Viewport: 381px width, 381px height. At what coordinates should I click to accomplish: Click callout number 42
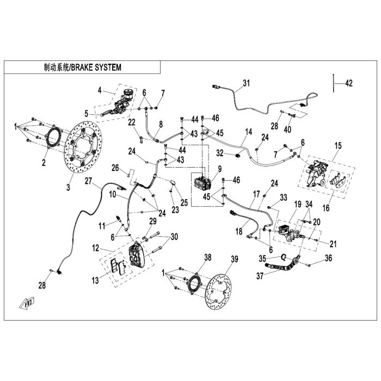349,83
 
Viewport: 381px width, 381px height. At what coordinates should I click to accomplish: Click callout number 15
339,146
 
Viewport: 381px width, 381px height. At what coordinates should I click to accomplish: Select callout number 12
95,248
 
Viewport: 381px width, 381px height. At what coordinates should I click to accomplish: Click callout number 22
131,122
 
